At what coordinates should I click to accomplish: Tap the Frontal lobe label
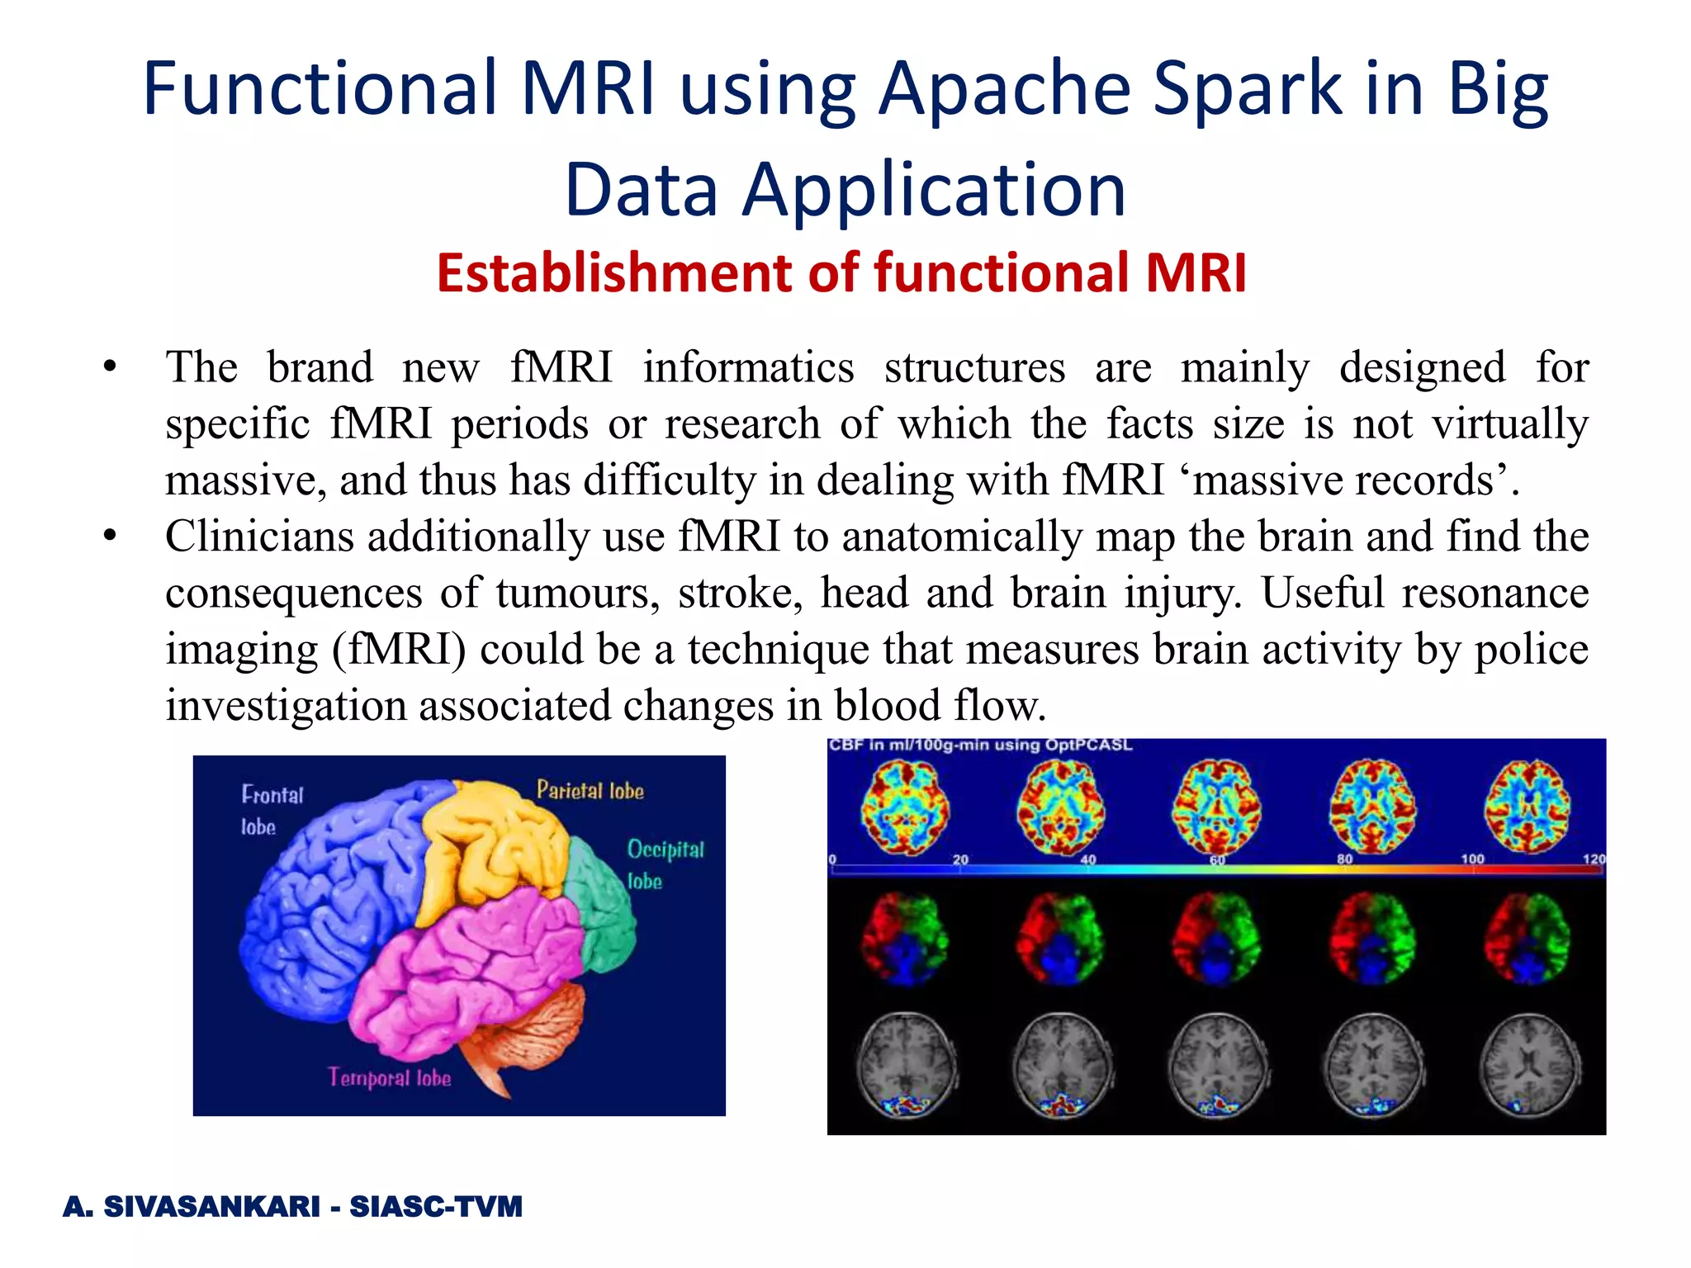tap(272, 810)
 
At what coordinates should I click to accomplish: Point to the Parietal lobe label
tap(590, 791)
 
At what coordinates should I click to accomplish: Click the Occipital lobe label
tap(665, 863)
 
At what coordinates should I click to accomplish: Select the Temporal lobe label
tap(389, 1077)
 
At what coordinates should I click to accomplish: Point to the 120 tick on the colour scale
tap(1593, 859)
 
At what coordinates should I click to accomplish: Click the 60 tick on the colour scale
tap(1217, 860)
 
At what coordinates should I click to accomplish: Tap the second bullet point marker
tap(110, 537)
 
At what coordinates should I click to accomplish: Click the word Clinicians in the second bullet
tap(259, 537)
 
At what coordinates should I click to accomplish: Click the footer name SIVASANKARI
tap(211, 1206)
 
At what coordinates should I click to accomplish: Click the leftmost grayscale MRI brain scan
tap(906, 1065)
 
